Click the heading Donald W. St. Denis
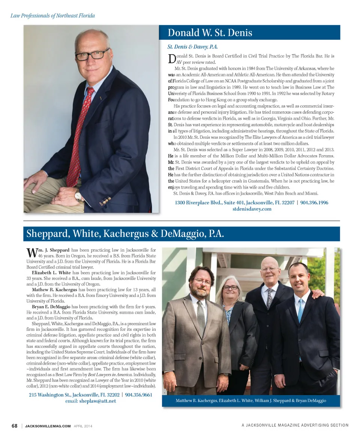[x=210, y=33]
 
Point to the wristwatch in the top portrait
[x=78, y=195]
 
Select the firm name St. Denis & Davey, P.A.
[x=192, y=47]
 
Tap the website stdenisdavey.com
[x=252, y=209]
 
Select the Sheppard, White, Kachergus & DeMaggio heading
[x=125, y=234]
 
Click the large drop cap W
[x=31, y=252]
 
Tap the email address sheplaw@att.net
[x=97, y=401]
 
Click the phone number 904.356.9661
[x=138, y=395]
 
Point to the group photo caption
[x=251, y=400]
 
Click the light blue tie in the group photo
[x=300, y=311]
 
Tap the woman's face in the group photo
[x=230, y=289]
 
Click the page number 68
[x=15, y=426]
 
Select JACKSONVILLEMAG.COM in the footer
[x=48, y=426]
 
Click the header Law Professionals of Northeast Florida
[x=52, y=16]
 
